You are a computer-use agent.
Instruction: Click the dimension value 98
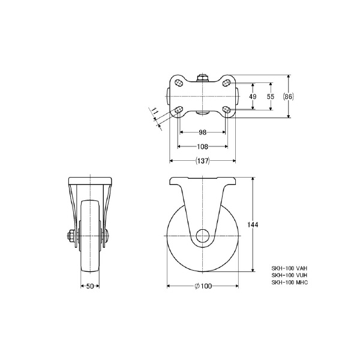(x=203, y=132)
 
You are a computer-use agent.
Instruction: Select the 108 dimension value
(x=203, y=146)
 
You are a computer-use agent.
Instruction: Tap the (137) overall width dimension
(x=203, y=161)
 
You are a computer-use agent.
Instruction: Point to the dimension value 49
(x=253, y=97)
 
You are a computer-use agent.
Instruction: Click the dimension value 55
(x=271, y=97)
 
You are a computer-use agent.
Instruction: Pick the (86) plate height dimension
(x=289, y=97)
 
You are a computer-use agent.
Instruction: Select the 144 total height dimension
(x=253, y=224)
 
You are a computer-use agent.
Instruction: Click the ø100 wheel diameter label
(x=203, y=286)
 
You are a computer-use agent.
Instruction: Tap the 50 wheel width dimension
(x=90, y=286)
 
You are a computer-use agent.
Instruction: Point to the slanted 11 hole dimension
(x=155, y=113)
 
